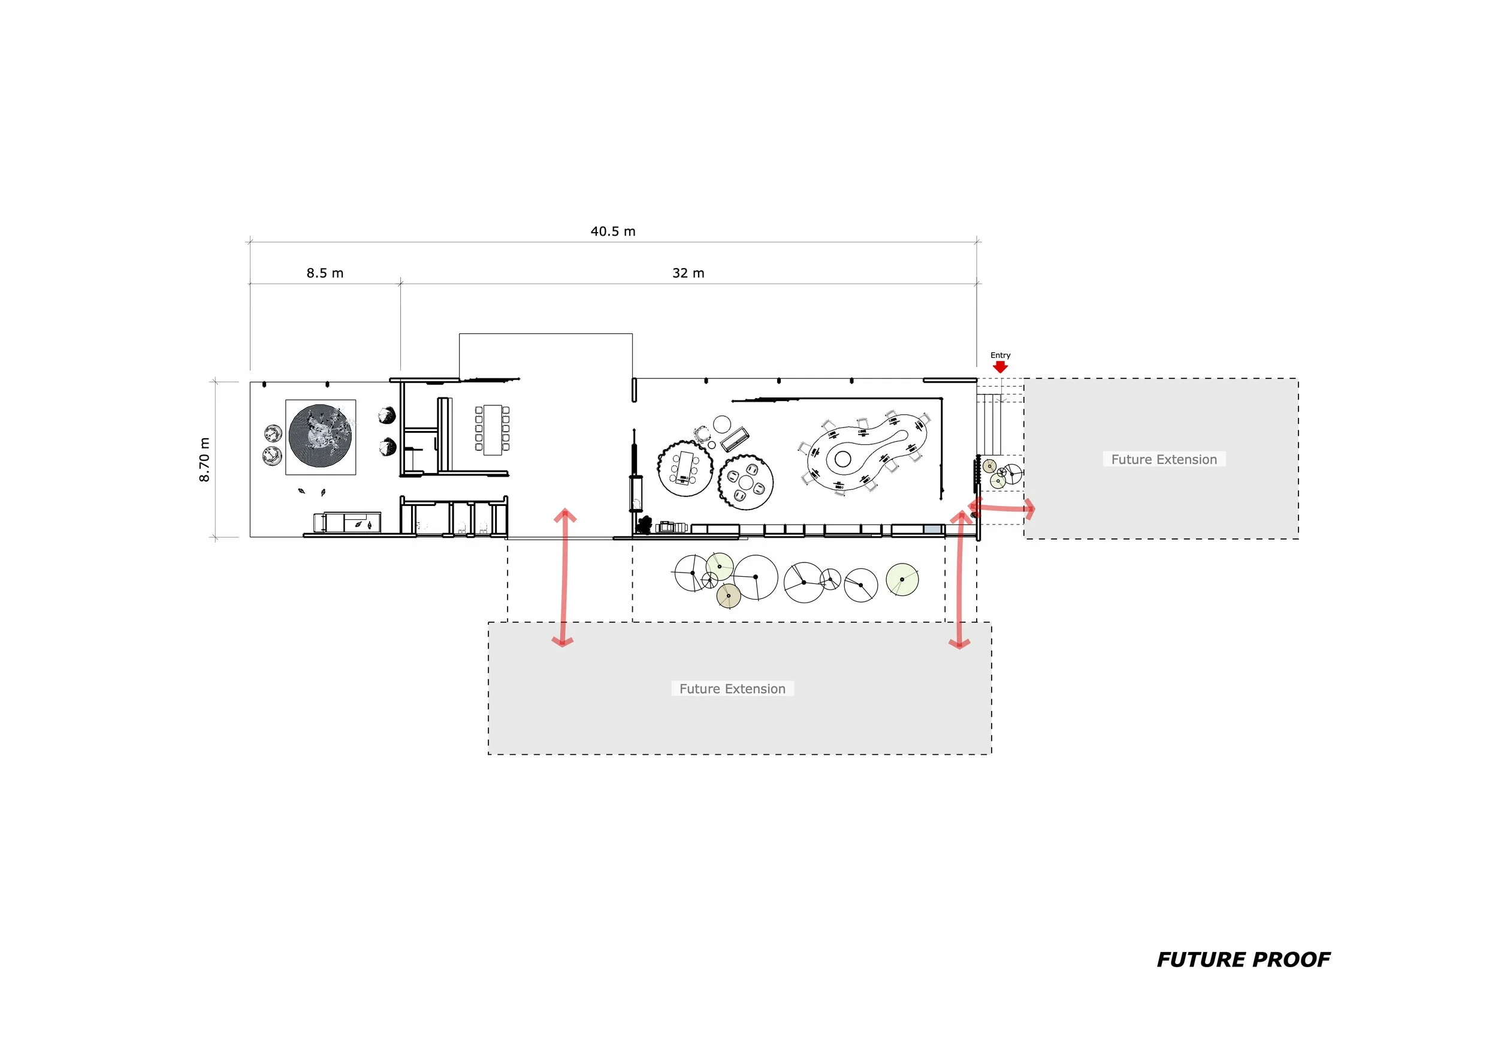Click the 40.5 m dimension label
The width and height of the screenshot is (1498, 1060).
coord(612,231)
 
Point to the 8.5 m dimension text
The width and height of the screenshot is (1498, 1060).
coord(325,273)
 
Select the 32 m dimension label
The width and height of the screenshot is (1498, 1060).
coord(688,273)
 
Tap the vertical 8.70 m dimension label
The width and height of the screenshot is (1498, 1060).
coord(204,459)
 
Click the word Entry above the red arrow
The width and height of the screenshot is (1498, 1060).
coord(1000,355)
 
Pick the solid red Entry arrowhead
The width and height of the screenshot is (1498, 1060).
coord(1000,367)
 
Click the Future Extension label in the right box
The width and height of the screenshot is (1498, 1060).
coord(1164,459)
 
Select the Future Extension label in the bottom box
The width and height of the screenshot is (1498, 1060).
coord(732,689)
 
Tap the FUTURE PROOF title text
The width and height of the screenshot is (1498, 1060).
coord(1243,959)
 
